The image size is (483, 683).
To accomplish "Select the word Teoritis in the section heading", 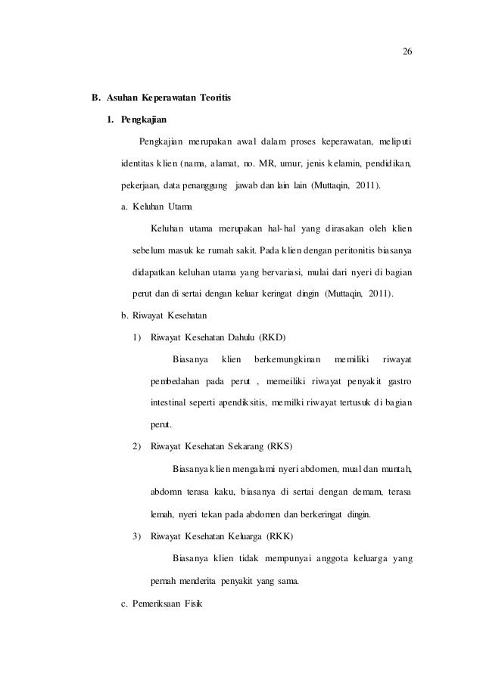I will pos(215,98).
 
